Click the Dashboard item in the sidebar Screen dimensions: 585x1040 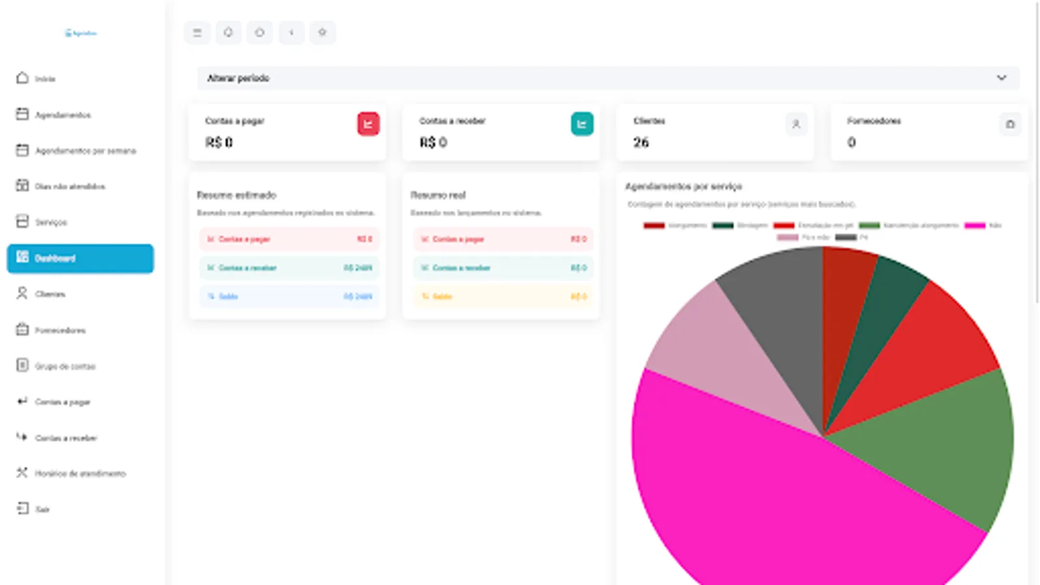80,258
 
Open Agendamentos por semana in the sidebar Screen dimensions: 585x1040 84,151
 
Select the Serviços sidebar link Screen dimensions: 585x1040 51,222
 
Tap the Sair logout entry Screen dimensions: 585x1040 42,509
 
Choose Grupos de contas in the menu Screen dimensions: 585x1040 64,366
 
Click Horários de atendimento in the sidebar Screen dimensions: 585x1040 79,473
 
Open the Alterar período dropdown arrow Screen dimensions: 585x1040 1001,78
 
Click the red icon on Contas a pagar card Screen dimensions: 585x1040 368,123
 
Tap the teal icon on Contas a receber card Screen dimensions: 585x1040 582,123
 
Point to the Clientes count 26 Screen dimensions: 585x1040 641,142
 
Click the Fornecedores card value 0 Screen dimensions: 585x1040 851,142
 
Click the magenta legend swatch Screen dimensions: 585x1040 974,226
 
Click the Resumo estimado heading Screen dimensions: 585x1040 237,195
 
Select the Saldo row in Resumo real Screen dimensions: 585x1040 502,296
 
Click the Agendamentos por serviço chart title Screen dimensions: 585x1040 683,187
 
